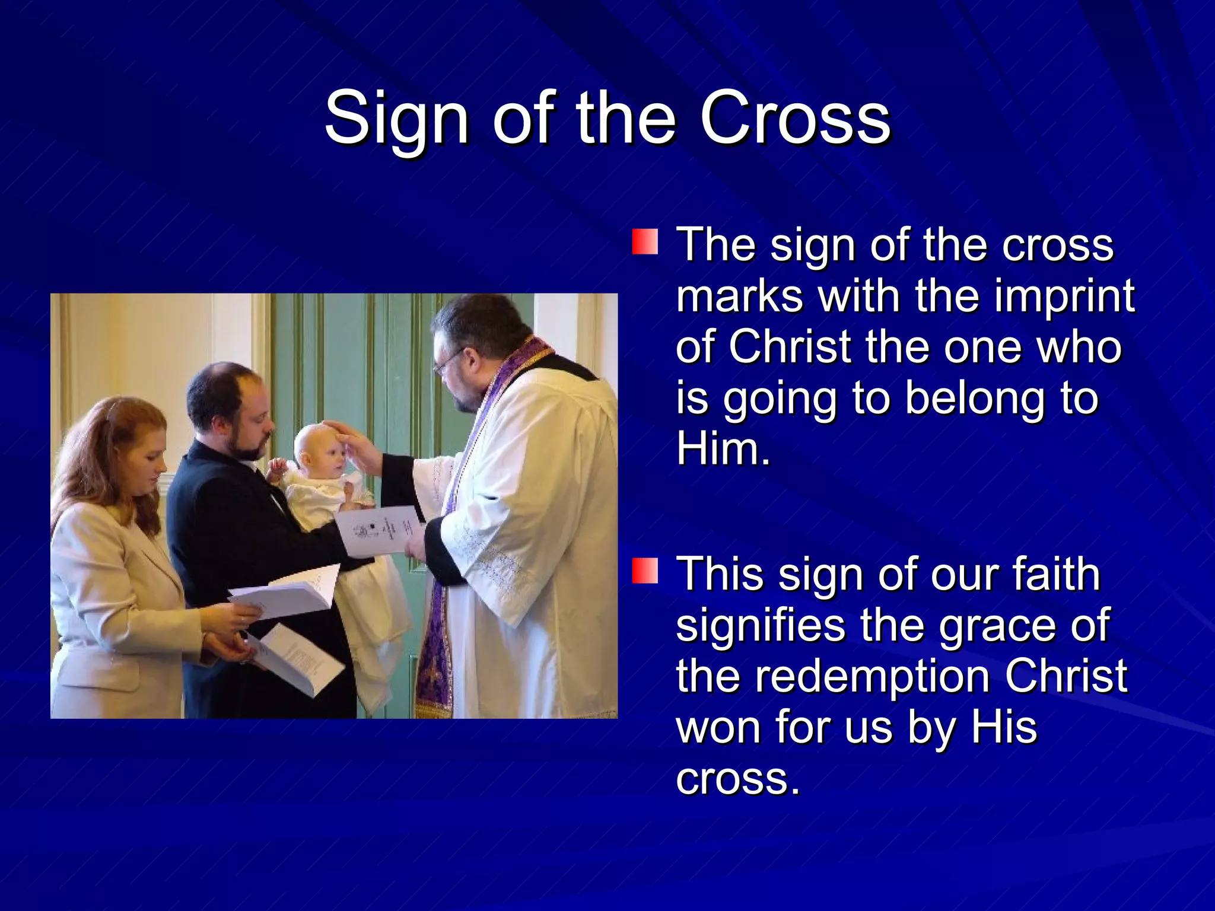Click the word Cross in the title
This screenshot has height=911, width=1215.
795,119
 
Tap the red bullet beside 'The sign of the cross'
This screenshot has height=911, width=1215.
645,243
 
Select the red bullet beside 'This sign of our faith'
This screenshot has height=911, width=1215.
645,571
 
